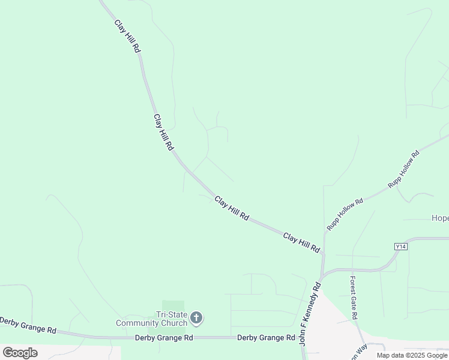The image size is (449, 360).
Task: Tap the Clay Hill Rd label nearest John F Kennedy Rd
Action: click(x=302, y=242)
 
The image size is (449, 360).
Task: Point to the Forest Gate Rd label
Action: click(x=354, y=298)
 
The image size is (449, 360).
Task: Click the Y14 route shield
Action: click(x=401, y=247)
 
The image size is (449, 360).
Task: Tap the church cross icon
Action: click(x=196, y=318)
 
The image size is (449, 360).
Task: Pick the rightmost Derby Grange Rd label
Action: click(x=267, y=338)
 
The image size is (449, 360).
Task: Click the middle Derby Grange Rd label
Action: click(x=163, y=338)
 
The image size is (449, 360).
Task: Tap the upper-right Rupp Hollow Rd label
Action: click(x=403, y=170)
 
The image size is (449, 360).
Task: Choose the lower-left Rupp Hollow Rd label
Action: click(x=345, y=215)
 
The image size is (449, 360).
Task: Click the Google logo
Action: click(x=20, y=352)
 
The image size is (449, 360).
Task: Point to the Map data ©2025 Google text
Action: click(x=412, y=355)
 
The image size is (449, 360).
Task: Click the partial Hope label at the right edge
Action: click(x=440, y=218)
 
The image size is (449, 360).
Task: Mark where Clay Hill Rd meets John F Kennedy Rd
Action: click(x=322, y=272)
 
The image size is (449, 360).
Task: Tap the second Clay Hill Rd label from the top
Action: click(x=164, y=133)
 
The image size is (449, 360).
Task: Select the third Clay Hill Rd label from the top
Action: click(x=232, y=209)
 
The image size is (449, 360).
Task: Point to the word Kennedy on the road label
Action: click(x=310, y=305)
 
